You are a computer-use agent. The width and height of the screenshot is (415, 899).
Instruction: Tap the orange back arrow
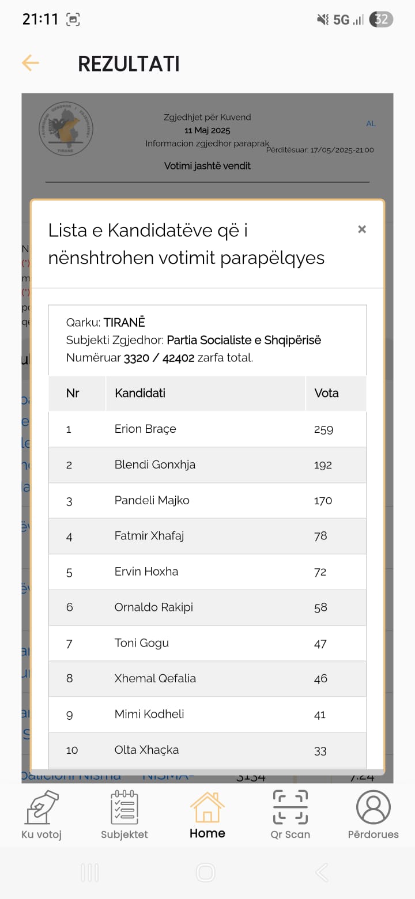tap(30, 63)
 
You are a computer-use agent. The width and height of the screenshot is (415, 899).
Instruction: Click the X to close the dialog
tap(362, 229)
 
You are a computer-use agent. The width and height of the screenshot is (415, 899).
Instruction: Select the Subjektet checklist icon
tap(124, 808)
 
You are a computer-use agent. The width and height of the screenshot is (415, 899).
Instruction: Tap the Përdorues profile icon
tap(373, 807)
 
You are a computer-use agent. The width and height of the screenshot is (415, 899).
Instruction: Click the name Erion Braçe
tap(145, 429)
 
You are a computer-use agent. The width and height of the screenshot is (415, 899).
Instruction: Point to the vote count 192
tap(323, 465)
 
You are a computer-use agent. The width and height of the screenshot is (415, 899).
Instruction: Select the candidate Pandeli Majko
tap(152, 500)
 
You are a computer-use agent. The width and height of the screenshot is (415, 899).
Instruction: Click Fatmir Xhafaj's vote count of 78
tap(320, 536)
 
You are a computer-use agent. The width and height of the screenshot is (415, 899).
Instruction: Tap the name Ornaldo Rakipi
tap(154, 607)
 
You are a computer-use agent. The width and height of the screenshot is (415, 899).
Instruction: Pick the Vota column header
tap(326, 393)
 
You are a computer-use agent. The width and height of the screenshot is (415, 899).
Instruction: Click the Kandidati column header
tap(140, 393)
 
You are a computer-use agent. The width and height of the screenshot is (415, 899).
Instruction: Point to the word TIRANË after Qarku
tap(124, 322)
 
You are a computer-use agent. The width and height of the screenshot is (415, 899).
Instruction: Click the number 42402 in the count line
tap(179, 357)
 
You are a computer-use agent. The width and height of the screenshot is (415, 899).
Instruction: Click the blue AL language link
tap(371, 124)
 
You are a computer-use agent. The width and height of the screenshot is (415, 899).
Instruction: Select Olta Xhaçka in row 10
tap(147, 750)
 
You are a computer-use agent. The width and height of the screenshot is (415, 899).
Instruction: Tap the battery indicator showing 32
tap(381, 20)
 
